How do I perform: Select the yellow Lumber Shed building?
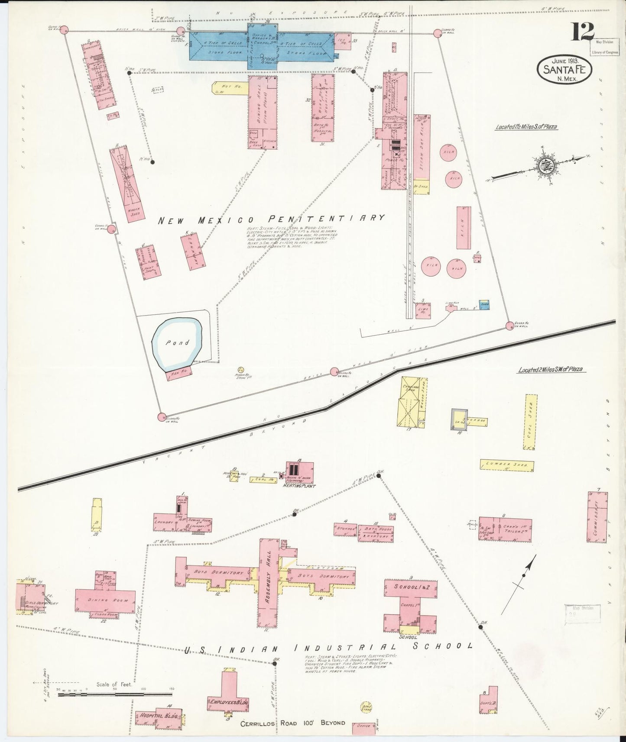(506, 465)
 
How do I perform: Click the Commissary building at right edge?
(597, 517)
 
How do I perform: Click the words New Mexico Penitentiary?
(271, 219)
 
